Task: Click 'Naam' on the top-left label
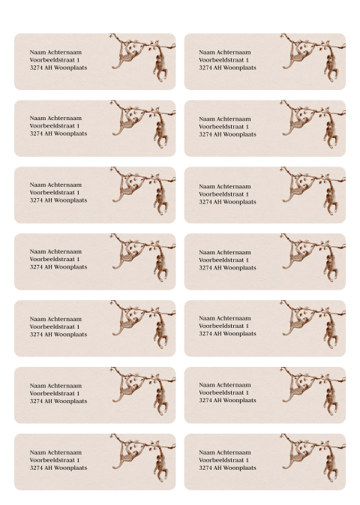tap(37, 52)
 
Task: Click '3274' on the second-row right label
tap(205, 134)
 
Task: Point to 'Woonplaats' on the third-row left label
tap(73, 200)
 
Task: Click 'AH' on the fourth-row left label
tap(49, 267)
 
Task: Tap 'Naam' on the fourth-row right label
tap(206, 252)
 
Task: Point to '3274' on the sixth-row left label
tap(36, 401)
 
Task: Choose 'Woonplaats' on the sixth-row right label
tap(242, 401)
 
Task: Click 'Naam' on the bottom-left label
tap(37, 452)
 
